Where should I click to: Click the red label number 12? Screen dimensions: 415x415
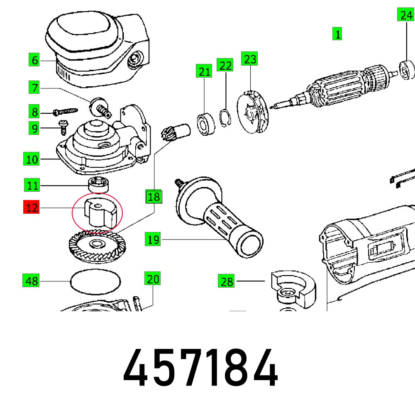32,207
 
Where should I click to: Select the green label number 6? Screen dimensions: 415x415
34,60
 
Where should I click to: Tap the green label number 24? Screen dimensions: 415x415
405,16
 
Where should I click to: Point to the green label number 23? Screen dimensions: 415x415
250,59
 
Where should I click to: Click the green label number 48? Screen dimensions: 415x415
32,281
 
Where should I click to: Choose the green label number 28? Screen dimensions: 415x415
227,282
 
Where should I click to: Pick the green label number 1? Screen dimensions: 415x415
337,34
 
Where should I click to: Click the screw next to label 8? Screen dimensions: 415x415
66,112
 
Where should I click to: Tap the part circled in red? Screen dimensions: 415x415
98,212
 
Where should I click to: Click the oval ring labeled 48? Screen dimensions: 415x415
95,282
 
